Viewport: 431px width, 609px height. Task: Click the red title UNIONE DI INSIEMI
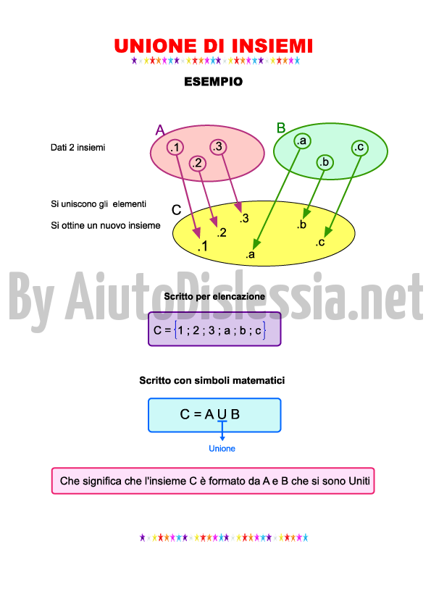214,46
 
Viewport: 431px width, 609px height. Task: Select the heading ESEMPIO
214,82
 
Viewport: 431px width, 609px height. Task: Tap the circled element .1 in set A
175,148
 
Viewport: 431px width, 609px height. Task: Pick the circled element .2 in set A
198,163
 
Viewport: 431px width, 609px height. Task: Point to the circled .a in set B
302,140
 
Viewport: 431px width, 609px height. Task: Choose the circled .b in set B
325,162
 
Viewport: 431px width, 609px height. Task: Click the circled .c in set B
359,148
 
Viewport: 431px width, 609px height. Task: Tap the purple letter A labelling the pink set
160,130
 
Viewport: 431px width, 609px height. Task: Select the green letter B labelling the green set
281,127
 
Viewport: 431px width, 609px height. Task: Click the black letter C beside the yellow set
177,210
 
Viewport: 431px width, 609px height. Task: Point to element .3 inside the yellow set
244,219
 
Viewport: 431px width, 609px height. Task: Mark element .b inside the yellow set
301,224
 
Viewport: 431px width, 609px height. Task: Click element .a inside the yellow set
251,254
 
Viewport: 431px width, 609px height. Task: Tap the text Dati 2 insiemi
78,148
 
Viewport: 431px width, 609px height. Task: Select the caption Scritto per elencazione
214,296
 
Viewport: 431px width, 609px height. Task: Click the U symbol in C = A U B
222,414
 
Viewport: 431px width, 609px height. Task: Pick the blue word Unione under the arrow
222,448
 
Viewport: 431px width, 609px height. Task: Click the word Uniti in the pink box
359,481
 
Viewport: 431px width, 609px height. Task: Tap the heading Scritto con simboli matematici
212,380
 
